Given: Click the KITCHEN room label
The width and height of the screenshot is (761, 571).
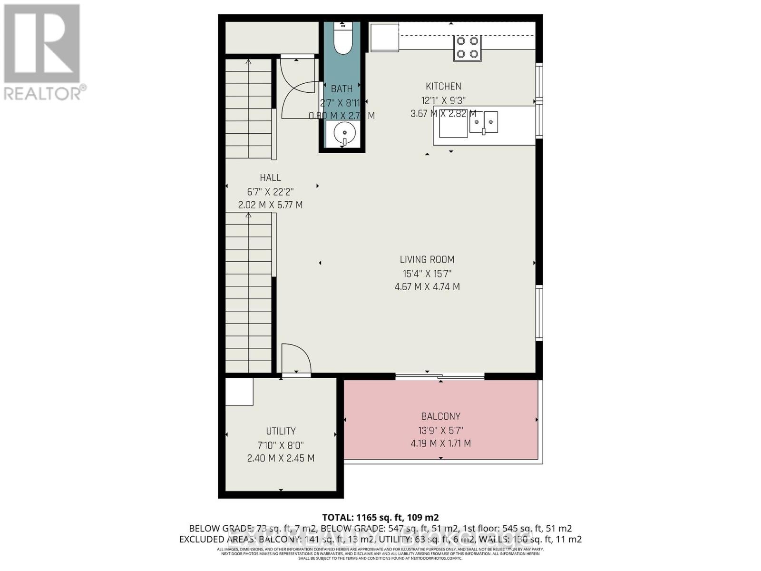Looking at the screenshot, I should point(443,87).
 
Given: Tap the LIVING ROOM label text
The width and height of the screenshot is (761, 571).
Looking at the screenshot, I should point(427,260).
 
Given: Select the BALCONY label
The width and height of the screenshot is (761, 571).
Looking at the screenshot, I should point(440,417).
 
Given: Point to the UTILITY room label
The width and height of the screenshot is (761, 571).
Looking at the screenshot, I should point(281,432).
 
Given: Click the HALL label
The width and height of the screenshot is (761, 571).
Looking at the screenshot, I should point(270,178).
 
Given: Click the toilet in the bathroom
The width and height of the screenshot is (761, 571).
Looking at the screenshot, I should point(342,39).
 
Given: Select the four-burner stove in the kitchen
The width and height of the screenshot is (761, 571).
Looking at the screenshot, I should point(467,48).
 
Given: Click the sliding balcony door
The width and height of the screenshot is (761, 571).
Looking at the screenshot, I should point(440,377).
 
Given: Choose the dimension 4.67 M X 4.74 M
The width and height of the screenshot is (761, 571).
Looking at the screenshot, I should point(427,287).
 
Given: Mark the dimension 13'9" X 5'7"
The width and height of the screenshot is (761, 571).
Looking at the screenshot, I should point(440,431).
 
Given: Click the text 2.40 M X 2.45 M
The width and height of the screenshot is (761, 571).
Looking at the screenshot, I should point(281,459).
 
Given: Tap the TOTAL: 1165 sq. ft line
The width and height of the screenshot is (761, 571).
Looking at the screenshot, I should point(380,518).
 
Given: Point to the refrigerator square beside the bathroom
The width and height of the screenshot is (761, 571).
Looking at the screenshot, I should point(384,37).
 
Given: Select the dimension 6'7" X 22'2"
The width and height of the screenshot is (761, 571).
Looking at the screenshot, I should point(270,192).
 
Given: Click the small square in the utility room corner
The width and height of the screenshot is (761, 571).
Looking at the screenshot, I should point(239,392).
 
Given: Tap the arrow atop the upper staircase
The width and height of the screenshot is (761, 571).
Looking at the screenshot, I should point(248,61).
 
